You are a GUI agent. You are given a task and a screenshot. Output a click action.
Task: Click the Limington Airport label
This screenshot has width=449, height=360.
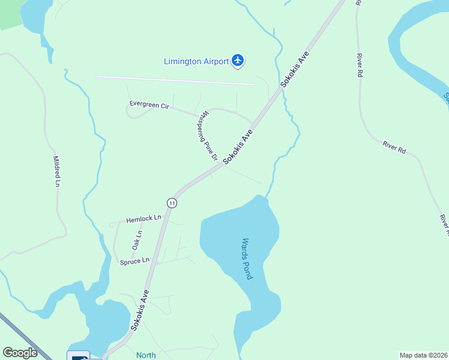[196, 61]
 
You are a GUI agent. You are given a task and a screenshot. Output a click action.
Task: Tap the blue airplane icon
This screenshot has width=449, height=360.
[238, 60]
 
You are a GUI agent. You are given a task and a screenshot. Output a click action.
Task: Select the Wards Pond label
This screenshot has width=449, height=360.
[247, 258]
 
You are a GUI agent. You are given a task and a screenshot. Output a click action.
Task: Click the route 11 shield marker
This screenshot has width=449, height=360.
[172, 203]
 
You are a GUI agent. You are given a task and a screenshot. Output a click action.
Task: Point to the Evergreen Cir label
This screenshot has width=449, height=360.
[149, 105]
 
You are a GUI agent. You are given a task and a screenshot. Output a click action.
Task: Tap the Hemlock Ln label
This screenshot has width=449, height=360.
[144, 219]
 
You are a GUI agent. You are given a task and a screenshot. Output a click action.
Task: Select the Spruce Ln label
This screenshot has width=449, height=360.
[134, 261]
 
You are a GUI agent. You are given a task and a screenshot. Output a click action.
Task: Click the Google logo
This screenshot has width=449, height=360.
[20, 353]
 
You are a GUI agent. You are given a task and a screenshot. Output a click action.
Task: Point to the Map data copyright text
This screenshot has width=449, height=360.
[423, 355]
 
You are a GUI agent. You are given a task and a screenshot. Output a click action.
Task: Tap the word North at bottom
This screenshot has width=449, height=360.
[146, 355]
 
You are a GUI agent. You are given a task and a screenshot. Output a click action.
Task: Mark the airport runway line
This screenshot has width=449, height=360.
[174, 80]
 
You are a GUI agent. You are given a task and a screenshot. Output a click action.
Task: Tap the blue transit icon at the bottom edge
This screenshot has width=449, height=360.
[79, 356]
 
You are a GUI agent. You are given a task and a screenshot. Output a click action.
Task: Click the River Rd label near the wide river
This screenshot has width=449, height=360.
[394, 147]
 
